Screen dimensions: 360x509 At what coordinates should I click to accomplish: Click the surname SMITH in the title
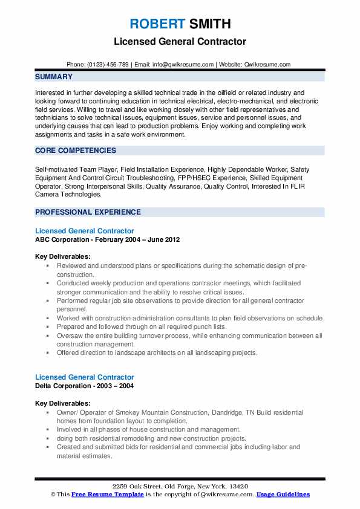click(x=210, y=24)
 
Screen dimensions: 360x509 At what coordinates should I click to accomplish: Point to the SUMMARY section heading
click(x=54, y=77)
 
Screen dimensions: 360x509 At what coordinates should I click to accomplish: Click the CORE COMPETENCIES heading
click(x=76, y=151)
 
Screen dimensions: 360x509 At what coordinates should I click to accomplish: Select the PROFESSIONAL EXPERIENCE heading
click(x=88, y=212)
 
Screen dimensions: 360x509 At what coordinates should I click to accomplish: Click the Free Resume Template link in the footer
click(x=106, y=494)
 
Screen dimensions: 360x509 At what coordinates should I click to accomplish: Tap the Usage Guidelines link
click(x=283, y=494)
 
